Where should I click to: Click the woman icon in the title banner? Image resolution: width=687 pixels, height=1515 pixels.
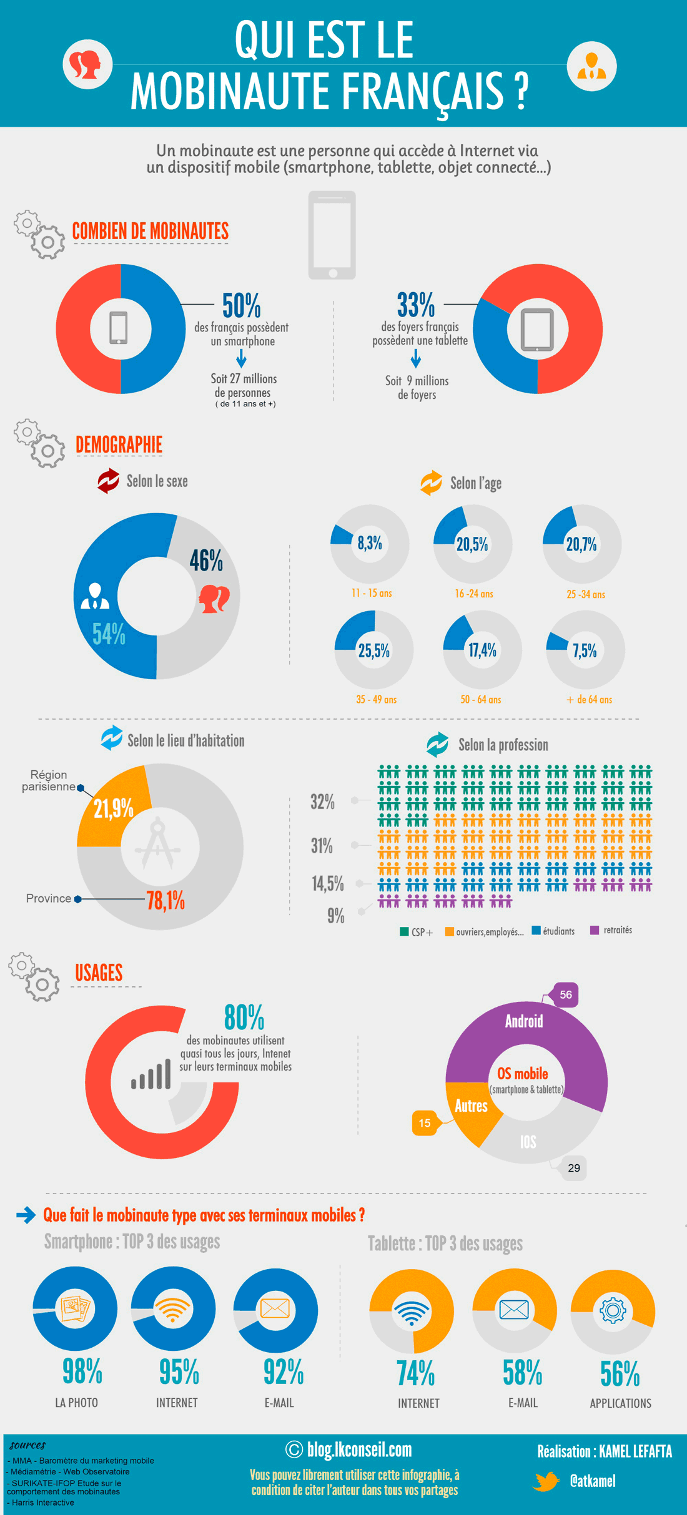[87, 64]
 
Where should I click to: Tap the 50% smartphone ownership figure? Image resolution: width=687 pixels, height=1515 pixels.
[242, 305]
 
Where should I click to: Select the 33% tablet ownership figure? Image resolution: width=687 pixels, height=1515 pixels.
[416, 305]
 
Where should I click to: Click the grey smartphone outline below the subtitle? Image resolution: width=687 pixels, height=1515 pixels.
[332, 235]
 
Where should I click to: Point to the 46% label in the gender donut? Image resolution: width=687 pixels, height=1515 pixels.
[206, 561]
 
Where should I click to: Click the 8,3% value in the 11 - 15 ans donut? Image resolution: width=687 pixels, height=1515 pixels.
[370, 543]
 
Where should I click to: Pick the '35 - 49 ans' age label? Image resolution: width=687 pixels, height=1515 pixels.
[377, 700]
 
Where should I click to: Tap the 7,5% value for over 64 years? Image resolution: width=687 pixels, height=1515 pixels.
[585, 651]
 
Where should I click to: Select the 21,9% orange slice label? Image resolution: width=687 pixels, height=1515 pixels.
[114, 809]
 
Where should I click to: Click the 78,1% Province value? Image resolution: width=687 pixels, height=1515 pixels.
[166, 901]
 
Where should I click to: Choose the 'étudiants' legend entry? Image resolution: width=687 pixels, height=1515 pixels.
[553, 931]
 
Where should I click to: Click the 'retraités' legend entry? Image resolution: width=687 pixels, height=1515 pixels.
[611, 930]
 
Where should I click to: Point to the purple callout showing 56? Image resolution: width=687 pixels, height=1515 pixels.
[565, 995]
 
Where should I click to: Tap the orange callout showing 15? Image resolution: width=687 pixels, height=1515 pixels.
[425, 1123]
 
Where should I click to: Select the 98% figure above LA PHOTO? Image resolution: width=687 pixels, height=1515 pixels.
[82, 1371]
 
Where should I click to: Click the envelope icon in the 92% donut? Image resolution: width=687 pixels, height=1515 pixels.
[275, 1308]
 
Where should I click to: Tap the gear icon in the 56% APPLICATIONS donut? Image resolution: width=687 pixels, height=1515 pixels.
[613, 1310]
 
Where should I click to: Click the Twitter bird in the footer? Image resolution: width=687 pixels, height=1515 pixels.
[546, 1481]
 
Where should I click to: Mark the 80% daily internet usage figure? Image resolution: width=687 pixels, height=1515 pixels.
[244, 1017]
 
